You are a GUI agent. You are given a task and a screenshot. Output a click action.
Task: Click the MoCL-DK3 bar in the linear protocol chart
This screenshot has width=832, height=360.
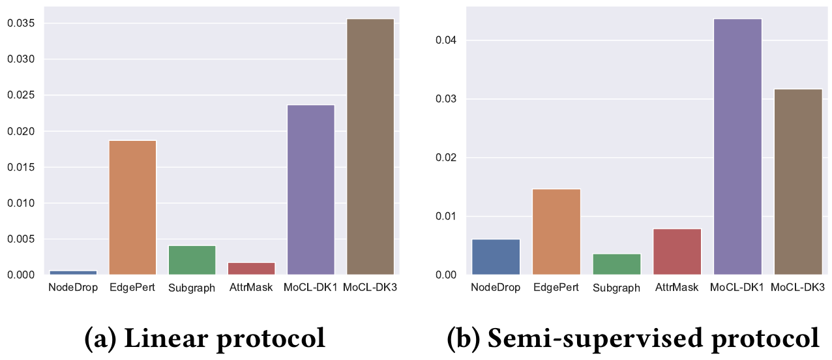pyautogui.click(x=370, y=147)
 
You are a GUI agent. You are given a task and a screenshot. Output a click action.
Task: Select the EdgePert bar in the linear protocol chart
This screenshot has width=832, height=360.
pyautogui.click(x=132, y=207)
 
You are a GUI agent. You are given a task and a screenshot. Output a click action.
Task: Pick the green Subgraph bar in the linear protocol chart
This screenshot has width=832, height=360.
pyautogui.click(x=192, y=260)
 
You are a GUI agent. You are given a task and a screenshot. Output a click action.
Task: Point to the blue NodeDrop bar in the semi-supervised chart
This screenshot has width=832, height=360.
pyautogui.click(x=496, y=257)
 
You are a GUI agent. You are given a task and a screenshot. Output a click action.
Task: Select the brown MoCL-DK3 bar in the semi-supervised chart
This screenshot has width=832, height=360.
pyautogui.click(x=798, y=182)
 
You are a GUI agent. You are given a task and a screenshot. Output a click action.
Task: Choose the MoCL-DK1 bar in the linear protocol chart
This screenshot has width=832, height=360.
pyautogui.click(x=311, y=190)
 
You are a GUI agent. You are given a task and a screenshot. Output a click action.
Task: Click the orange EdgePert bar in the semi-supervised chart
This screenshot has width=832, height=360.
pyautogui.click(x=556, y=232)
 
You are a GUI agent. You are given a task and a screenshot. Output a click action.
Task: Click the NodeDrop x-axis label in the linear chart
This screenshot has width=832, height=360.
pyautogui.click(x=73, y=288)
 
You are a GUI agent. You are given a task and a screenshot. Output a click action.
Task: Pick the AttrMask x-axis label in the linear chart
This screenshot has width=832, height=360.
pyautogui.click(x=251, y=288)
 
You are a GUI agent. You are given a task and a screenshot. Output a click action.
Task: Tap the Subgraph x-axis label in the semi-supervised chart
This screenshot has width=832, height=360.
pyautogui.click(x=616, y=288)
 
